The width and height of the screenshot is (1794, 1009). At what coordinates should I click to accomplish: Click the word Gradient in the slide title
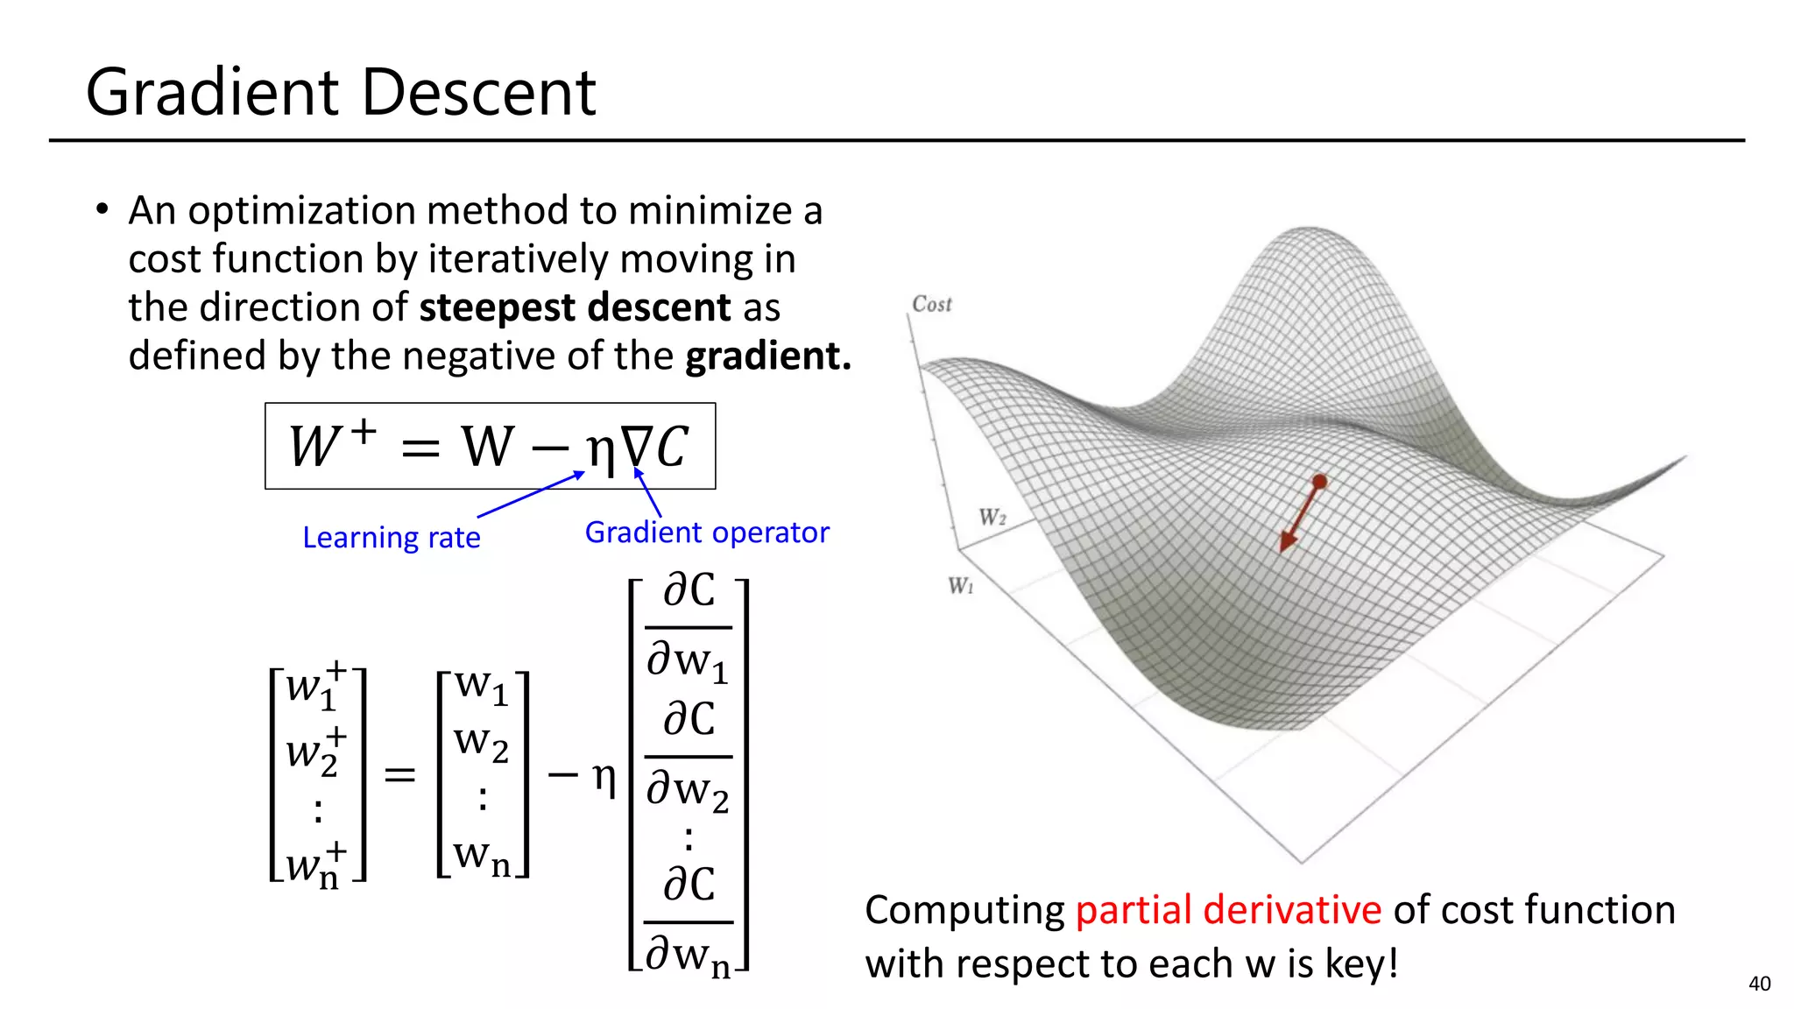[213, 92]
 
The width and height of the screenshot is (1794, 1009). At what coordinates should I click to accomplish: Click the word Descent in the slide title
[479, 92]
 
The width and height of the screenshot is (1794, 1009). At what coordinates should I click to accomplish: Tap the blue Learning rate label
[391, 537]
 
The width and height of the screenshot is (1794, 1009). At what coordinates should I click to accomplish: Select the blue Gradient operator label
[706, 533]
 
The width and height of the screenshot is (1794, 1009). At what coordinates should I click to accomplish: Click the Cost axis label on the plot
[931, 305]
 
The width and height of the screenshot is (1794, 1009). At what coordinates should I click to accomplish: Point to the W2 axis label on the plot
[992, 517]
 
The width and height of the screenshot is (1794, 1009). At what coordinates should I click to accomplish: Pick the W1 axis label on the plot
[961, 585]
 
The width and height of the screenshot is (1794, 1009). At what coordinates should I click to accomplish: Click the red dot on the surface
[1319, 481]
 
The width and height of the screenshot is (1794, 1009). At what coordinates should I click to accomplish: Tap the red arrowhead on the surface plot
[1287, 540]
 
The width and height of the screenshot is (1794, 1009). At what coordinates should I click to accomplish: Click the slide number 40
[1759, 984]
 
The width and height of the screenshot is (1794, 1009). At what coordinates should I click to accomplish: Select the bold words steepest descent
[574, 307]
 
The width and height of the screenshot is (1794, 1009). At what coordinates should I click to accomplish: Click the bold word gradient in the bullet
[767, 356]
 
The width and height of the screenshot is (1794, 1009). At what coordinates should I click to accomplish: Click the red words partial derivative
[1227, 910]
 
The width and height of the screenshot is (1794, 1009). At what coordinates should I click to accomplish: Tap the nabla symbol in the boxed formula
[634, 448]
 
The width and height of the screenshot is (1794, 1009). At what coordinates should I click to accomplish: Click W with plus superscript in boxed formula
[331, 444]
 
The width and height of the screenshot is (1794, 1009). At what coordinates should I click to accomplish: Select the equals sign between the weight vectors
[399, 775]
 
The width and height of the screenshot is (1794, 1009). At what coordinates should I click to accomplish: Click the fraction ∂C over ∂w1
[689, 627]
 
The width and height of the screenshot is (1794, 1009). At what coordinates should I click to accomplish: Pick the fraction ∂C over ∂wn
[689, 921]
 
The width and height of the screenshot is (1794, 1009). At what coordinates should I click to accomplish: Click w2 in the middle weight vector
[481, 743]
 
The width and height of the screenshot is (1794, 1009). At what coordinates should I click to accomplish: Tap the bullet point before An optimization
[102, 210]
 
